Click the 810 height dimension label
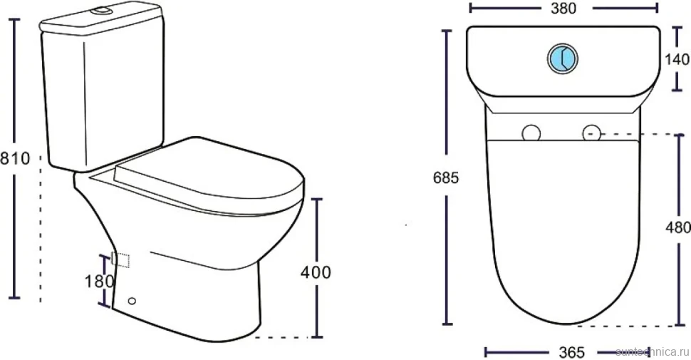tap(14, 158)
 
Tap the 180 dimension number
tap(99, 281)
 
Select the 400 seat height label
tap(316, 272)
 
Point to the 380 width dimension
tap(563, 8)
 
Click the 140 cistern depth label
tap(677, 59)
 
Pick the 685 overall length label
tap(446, 178)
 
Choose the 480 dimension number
tap(678, 227)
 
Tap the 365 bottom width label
tap(571, 352)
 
